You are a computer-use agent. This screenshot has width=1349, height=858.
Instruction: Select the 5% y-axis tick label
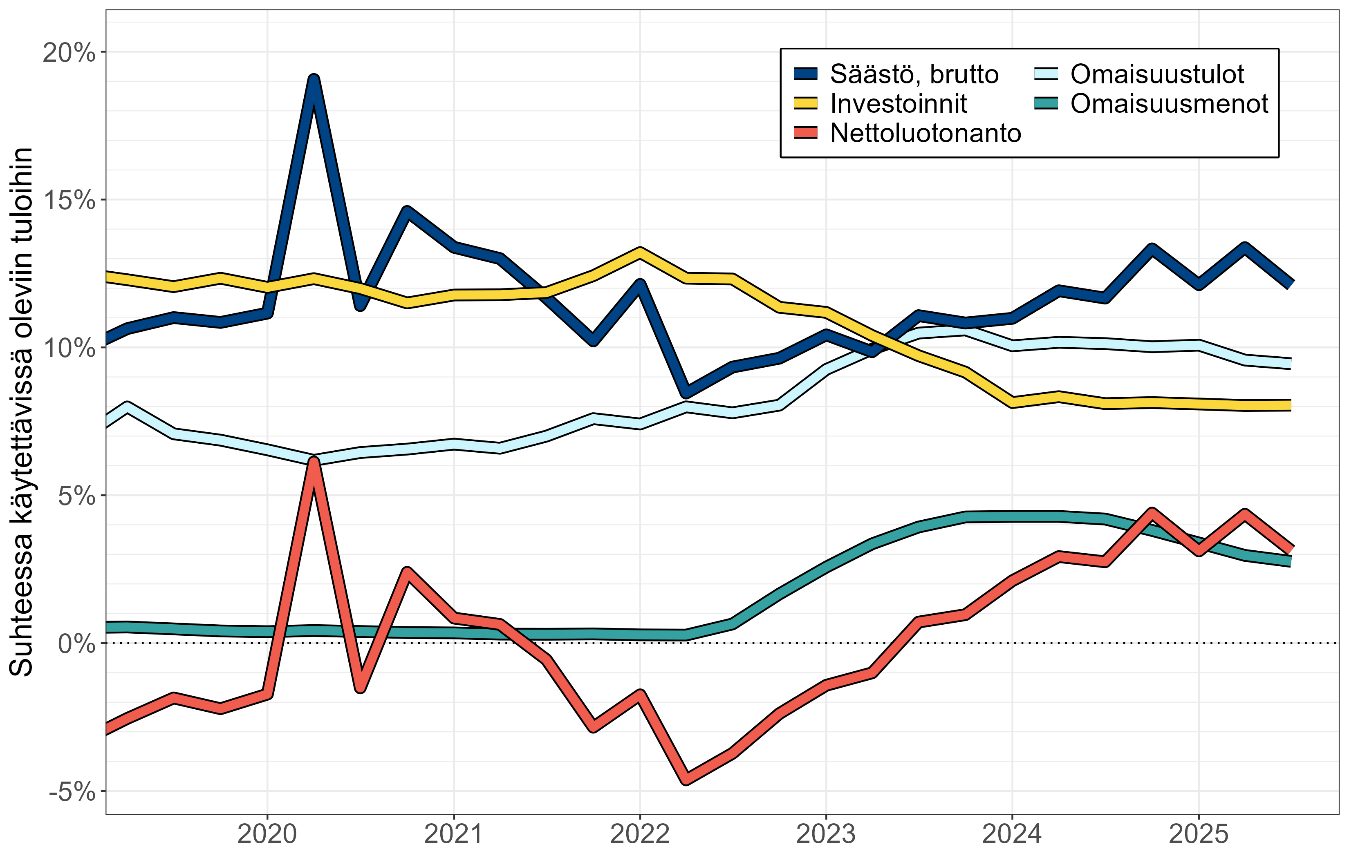tap(76, 496)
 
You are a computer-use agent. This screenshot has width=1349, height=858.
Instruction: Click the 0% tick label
tap(76, 643)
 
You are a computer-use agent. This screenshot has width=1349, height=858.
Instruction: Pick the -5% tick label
tap(72, 791)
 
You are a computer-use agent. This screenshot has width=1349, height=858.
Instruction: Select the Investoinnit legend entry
tap(898, 104)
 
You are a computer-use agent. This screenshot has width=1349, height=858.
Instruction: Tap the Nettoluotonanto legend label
tap(925, 133)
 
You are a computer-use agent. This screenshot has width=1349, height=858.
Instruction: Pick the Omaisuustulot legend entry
tap(1157, 74)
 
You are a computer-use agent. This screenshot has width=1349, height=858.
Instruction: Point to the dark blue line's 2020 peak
tap(314, 80)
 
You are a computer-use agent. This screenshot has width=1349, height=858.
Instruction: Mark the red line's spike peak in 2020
tap(314, 463)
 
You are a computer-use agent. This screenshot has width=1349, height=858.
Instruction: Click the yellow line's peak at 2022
tap(640, 252)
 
